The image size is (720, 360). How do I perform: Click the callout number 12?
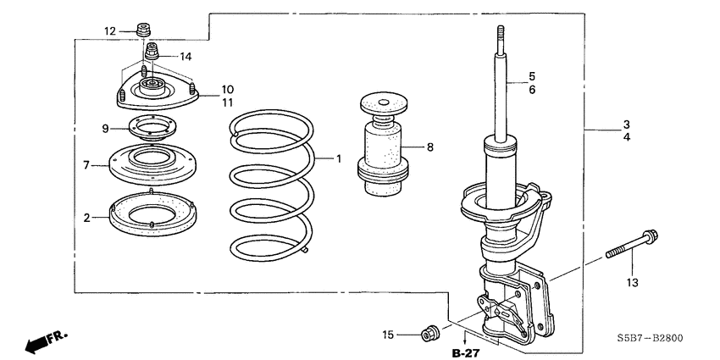pyautogui.click(x=110, y=31)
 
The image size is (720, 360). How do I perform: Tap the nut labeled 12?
pyautogui.click(x=144, y=31)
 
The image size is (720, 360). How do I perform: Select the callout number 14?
pyautogui.click(x=186, y=57)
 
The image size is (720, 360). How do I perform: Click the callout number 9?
pyautogui.click(x=106, y=129)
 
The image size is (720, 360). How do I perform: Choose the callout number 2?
pyautogui.click(x=86, y=218)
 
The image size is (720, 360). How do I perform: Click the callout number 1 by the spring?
pyautogui.click(x=337, y=158)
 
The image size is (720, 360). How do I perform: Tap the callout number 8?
pyautogui.click(x=429, y=147)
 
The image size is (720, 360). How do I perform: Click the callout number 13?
pyautogui.click(x=631, y=282)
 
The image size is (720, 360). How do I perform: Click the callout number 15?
pyautogui.click(x=388, y=336)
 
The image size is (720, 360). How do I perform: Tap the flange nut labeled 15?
pyautogui.click(x=429, y=331)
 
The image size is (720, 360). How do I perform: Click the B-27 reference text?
pyautogui.click(x=465, y=352)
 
